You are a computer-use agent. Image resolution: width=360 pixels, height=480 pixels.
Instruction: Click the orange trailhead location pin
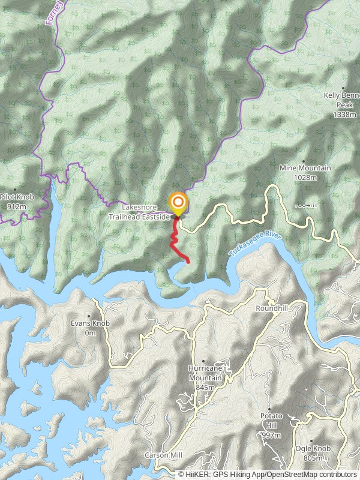click(178, 202)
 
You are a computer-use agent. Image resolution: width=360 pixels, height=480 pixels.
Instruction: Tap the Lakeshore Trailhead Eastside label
click(139, 212)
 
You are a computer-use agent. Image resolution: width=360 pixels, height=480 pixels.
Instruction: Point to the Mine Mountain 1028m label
click(305, 173)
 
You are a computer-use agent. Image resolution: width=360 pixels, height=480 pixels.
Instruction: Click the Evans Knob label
click(89, 328)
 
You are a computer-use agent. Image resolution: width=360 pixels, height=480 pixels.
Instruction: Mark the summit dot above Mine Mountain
click(304, 161)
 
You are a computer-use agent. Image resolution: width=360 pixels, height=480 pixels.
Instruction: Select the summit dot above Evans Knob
click(89, 316)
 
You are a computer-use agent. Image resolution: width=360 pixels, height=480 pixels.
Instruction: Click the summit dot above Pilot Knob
click(15, 190)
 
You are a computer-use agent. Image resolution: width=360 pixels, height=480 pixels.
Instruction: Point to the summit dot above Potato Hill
click(269, 409)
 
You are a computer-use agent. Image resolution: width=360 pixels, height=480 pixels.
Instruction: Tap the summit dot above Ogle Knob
click(311, 441)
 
